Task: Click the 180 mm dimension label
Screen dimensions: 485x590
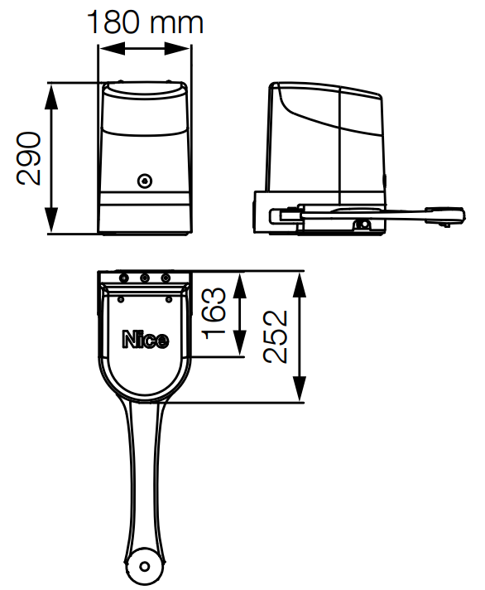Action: point(145,22)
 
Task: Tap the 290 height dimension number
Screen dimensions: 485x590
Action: point(28,158)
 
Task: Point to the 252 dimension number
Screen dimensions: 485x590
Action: point(276,336)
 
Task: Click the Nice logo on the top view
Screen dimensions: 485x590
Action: point(146,340)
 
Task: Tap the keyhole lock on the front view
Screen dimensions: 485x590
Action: point(145,181)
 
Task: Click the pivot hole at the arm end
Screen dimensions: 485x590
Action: point(144,566)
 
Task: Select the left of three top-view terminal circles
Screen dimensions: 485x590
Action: point(123,278)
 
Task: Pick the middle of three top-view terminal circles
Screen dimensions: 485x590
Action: point(145,278)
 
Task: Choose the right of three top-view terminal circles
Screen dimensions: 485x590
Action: point(166,278)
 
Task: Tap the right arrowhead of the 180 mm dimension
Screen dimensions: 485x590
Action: point(177,49)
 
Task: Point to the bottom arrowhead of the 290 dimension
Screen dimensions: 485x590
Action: point(51,220)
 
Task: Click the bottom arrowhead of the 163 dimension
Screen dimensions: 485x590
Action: point(239,342)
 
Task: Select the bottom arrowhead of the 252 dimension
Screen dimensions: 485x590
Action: point(300,389)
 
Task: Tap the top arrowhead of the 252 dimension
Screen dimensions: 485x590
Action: point(300,285)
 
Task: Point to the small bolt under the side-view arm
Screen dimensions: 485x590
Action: point(363,225)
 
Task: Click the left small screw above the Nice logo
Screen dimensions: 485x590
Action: point(121,299)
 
